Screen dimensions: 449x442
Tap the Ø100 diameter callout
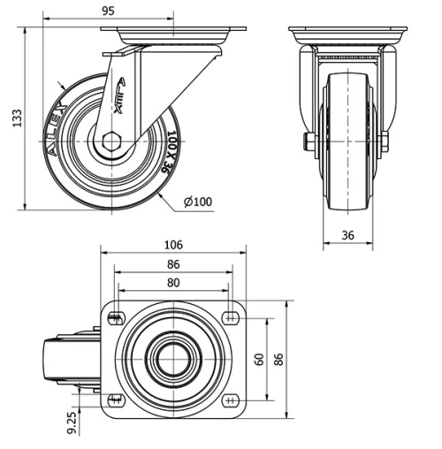pos(198,202)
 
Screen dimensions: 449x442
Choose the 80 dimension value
pos(173,283)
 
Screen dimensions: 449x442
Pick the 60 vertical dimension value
pos(259,359)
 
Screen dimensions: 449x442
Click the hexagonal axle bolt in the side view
pos(110,141)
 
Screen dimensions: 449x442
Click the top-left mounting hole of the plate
pos(115,317)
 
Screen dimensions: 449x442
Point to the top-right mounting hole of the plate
pos(232,317)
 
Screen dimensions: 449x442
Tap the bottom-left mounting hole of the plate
pos(115,400)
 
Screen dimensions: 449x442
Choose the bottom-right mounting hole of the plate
pos(232,400)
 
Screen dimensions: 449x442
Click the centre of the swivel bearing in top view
pos(173,359)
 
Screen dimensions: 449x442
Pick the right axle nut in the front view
pos(385,141)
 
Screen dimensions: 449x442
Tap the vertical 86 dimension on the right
pos(280,359)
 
